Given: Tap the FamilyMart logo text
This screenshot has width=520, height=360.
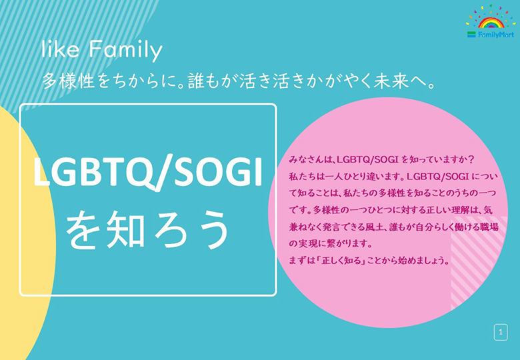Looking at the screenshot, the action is (x=496, y=35).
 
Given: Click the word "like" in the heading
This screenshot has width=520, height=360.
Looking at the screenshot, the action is (x=61, y=49).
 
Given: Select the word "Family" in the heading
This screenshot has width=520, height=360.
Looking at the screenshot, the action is (x=126, y=51).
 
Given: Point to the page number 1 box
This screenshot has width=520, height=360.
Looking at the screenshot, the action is (x=501, y=332).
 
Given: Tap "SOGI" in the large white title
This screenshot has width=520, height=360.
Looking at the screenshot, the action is (x=218, y=171).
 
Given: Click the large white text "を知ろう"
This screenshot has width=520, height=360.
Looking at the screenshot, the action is (x=147, y=230).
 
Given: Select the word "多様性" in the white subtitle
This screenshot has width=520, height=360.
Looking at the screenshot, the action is (x=69, y=81).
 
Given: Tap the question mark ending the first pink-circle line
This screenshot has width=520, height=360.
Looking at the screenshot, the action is (x=471, y=159).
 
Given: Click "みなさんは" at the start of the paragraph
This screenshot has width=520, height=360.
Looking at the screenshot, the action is (x=311, y=159).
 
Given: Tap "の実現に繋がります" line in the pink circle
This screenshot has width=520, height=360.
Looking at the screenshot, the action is (x=330, y=243).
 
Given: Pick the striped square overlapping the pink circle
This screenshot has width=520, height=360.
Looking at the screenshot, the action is (x=479, y=263).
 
